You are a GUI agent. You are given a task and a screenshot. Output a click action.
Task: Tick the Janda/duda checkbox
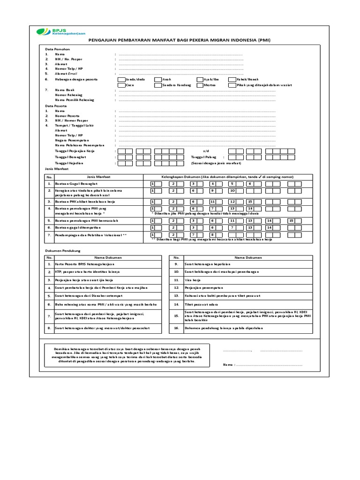click(x=121, y=80)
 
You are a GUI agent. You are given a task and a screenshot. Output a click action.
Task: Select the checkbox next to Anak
click(x=158, y=80)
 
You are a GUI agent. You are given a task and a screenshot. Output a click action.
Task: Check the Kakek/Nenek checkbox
click(x=232, y=80)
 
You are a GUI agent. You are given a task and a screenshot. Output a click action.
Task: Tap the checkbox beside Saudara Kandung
click(x=158, y=85)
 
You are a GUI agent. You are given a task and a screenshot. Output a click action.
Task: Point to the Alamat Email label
click(x=66, y=74)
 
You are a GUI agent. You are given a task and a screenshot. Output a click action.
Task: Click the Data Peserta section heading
click(x=55, y=106)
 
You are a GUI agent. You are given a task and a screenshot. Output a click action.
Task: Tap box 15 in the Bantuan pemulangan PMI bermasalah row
click(x=291, y=220)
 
